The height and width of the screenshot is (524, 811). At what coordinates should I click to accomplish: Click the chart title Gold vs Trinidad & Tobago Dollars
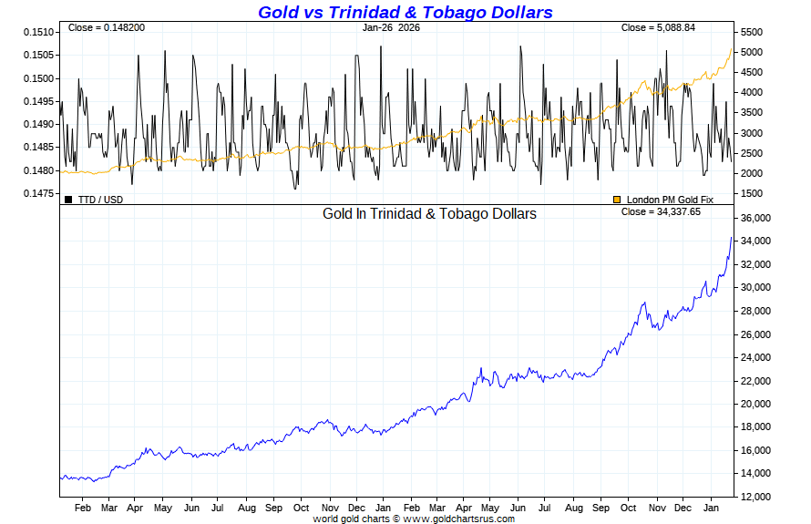[405, 12]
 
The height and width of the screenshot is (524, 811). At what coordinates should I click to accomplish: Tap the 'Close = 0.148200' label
[107, 27]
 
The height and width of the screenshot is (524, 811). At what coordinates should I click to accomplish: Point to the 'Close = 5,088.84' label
[658, 27]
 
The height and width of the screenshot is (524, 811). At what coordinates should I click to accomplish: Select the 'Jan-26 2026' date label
[392, 27]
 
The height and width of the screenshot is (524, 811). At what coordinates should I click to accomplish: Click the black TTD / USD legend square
[68, 199]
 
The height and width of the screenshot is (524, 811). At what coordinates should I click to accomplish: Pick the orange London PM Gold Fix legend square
[617, 199]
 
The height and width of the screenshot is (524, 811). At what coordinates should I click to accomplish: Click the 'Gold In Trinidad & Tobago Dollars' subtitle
[429, 214]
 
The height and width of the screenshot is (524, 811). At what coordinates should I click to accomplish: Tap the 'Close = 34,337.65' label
[661, 211]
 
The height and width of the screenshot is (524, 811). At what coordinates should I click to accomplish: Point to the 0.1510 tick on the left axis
[38, 32]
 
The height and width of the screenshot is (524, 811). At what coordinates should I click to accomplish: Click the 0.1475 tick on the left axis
[38, 193]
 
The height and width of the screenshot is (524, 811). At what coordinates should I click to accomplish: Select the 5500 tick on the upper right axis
[753, 32]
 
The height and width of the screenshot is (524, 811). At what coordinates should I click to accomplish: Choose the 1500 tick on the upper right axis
[753, 193]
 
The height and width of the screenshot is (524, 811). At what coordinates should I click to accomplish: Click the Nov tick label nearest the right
[656, 508]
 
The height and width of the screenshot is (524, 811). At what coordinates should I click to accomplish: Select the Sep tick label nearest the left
[273, 508]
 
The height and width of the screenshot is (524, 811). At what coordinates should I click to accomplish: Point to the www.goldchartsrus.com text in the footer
[458, 519]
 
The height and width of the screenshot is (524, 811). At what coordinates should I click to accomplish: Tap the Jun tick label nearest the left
[191, 508]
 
